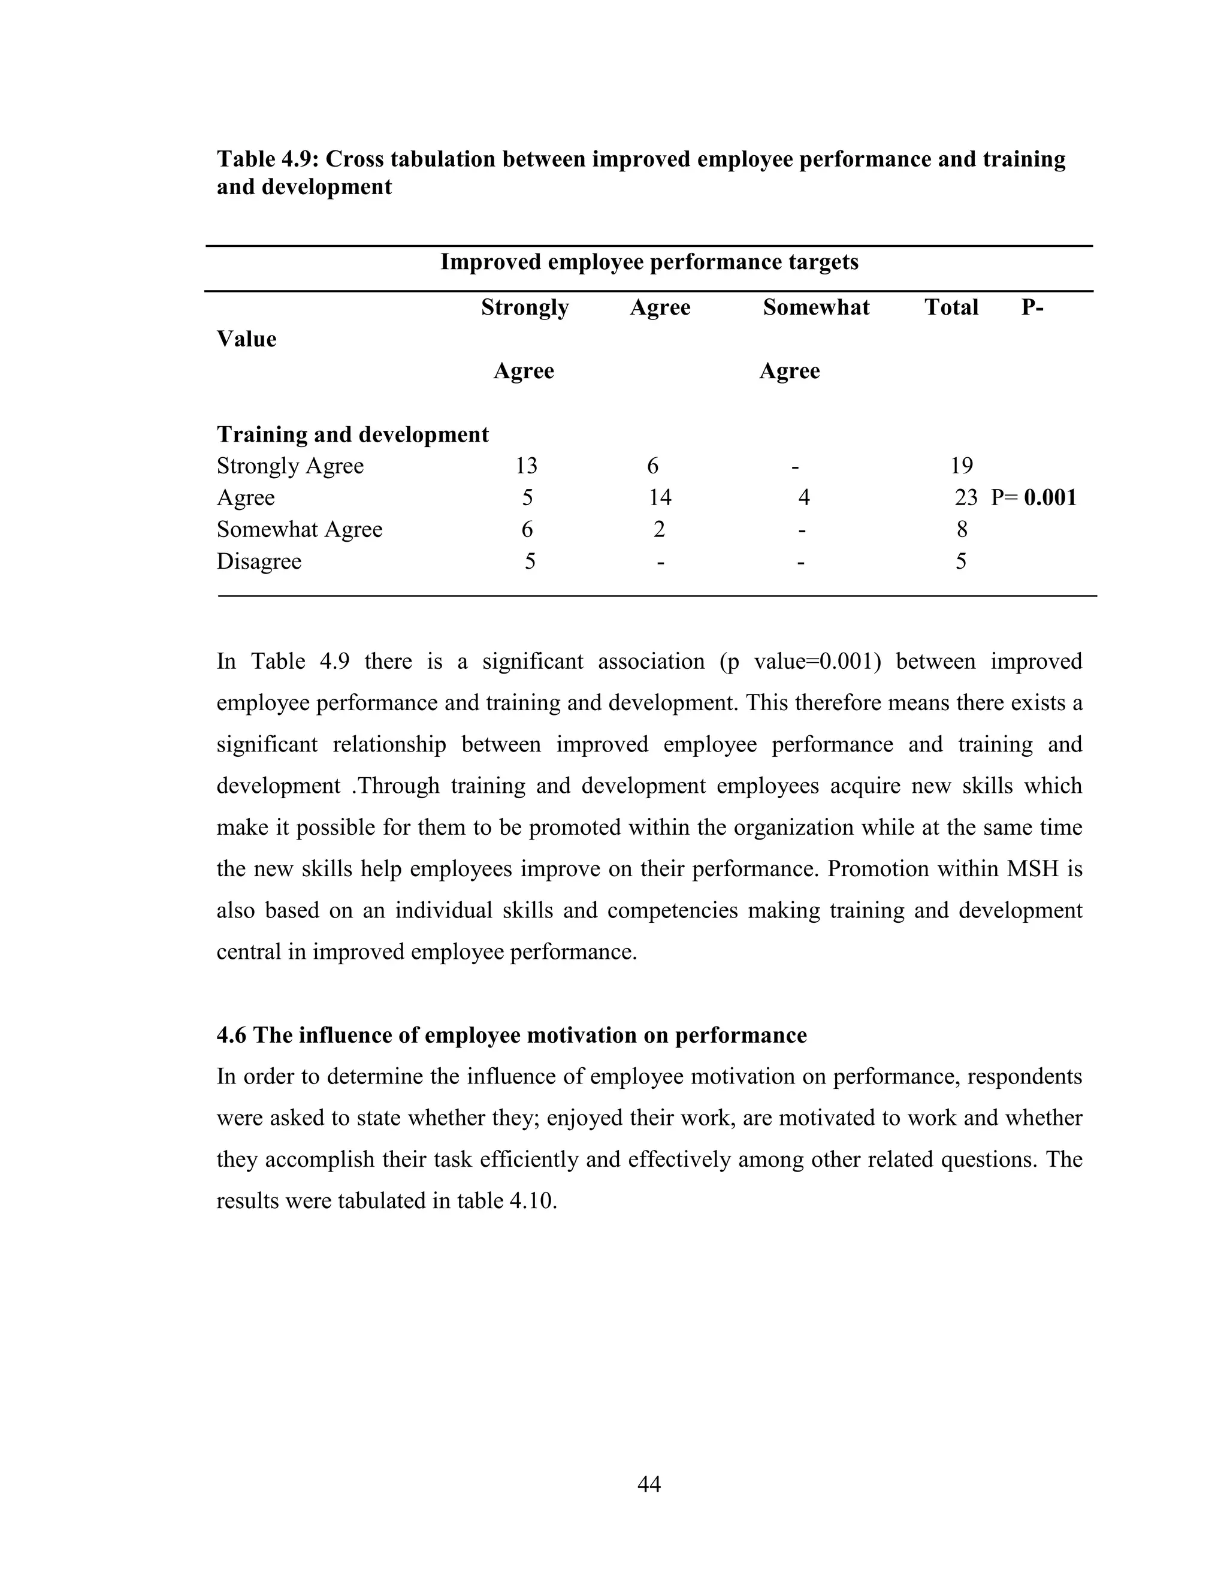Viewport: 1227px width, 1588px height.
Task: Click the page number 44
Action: [648, 1484]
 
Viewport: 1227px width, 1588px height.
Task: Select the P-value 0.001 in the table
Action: [1050, 497]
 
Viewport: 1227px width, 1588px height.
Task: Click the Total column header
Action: [951, 307]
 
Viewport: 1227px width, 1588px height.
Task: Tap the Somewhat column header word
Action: [815, 307]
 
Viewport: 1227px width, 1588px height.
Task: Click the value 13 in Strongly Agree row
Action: [526, 466]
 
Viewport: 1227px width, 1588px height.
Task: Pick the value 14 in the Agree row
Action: [660, 497]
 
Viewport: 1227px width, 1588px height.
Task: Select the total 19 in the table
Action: [961, 466]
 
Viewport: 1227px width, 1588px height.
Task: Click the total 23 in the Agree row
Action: [965, 497]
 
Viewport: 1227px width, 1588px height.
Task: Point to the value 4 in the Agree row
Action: [803, 497]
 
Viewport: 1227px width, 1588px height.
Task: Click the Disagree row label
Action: [259, 561]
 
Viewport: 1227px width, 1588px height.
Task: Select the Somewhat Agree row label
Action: [300, 529]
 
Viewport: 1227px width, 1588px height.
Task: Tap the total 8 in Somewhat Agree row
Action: [962, 529]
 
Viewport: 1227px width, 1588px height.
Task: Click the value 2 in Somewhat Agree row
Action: [658, 529]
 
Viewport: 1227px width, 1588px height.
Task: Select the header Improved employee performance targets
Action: [649, 262]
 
